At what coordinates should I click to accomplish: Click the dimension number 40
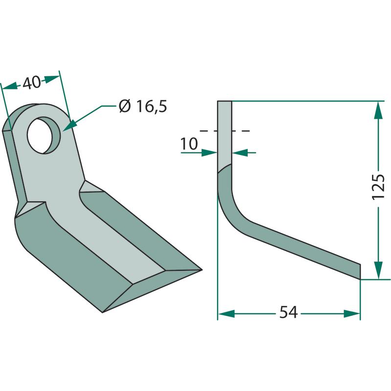point(31,83)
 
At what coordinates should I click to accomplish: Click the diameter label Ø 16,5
point(143,107)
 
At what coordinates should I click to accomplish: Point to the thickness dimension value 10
point(189,144)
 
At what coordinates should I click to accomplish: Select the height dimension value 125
point(378,187)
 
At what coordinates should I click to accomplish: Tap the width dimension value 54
point(288,312)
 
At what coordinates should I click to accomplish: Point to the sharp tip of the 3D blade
point(201,270)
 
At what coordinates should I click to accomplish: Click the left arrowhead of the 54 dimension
point(226,314)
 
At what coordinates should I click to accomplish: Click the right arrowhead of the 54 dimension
point(352,314)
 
